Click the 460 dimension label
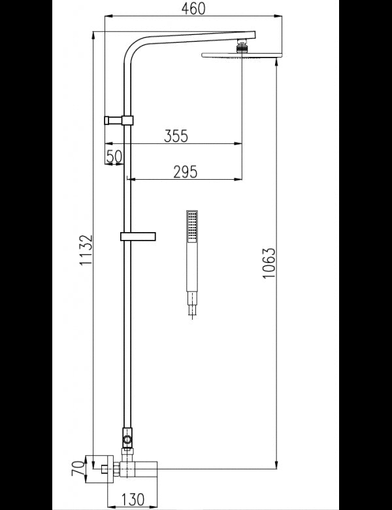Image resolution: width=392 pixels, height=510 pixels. point(193,8)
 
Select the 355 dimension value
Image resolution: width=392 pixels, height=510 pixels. point(176,136)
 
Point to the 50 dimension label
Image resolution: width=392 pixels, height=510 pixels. point(114,156)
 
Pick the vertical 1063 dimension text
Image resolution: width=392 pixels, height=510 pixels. point(269,264)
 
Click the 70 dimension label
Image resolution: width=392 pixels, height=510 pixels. point(77,469)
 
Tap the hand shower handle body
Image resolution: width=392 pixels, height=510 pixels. point(191,268)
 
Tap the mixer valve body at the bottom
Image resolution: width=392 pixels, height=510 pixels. point(137,468)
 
